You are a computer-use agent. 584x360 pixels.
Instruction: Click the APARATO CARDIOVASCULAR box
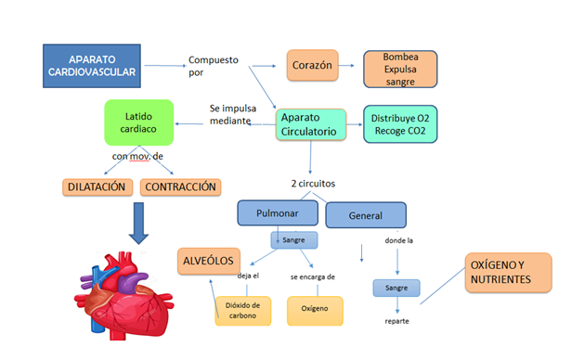(x=92, y=65)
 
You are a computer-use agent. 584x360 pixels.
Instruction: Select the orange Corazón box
(x=311, y=67)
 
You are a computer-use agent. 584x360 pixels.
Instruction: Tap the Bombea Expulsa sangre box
(x=399, y=68)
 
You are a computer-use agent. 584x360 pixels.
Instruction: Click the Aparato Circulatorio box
(x=309, y=124)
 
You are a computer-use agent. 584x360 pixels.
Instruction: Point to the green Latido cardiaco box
(x=139, y=123)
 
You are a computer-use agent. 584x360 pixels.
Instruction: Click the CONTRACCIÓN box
(x=181, y=186)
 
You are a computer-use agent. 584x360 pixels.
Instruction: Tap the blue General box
(x=365, y=215)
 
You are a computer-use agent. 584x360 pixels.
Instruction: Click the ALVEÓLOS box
(x=209, y=261)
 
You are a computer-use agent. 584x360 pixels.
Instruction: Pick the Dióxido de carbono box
(x=242, y=311)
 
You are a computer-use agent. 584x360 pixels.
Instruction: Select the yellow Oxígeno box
(x=315, y=311)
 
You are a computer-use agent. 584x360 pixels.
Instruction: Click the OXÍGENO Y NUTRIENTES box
(x=508, y=272)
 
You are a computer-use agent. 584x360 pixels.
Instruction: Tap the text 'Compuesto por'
(x=213, y=67)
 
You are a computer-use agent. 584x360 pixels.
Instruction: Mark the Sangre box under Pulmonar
(x=294, y=239)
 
